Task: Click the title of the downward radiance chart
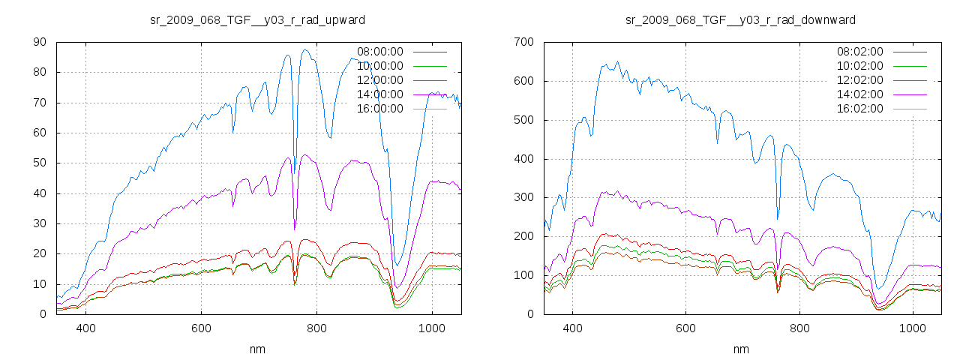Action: pyautogui.click(x=741, y=19)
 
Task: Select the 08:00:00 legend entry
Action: pyautogui.click(x=379, y=52)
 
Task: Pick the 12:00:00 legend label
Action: pyautogui.click(x=379, y=80)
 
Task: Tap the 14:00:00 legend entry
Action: pyautogui.click(x=379, y=94)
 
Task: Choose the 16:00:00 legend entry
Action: pyautogui.click(x=379, y=109)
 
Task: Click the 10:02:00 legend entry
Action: pyautogui.click(x=859, y=66)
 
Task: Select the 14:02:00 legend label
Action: pyautogui.click(x=859, y=94)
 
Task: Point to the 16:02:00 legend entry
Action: pyautogui.click(x=859, y=109)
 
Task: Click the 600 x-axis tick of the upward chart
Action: pyautogui.click(x=201, y=328)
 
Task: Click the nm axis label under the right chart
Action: pyautogui.click(x=741, y=349)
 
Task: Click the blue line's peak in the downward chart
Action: pyautogui.click(x=618, y=62)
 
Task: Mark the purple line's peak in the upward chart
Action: pyautogui.click(x=305, y=154)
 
